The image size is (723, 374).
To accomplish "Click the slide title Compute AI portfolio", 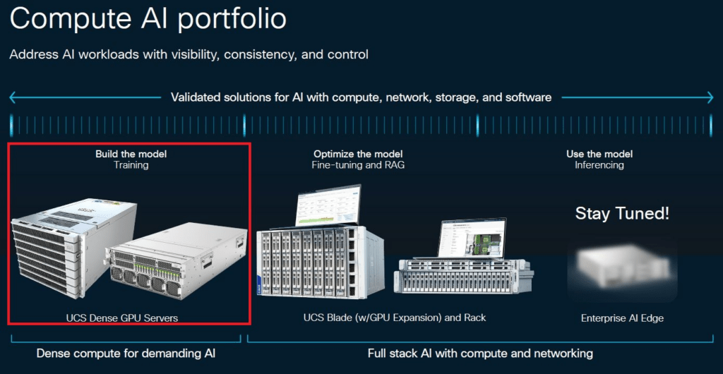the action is tap(148, 19).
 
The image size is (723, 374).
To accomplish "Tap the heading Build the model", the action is tap(131, 154).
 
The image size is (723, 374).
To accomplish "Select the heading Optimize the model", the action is tap(358, 154).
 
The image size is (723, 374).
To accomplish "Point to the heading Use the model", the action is tap(599, 154).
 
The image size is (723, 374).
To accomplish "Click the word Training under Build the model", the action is tap(131, 165).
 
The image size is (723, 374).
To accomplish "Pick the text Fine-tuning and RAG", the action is tap(358, 165).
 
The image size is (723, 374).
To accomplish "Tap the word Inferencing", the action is tap(599, 165).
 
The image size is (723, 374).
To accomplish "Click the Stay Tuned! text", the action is tap(622, 214).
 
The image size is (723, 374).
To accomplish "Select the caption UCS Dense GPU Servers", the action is tap(121, 318).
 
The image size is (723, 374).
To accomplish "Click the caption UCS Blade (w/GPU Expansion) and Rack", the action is tap(395, 318).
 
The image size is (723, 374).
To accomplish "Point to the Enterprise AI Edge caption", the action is tap(623, 318).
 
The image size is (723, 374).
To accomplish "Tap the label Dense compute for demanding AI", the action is tap(126, 354).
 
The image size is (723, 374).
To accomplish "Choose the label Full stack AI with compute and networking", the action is tap(480, 354).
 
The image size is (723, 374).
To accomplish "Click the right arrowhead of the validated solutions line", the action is tap(710, 97).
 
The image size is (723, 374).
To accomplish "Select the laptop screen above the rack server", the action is tap(472, 237).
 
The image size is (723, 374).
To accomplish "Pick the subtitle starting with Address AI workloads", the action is tap(189, 55).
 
